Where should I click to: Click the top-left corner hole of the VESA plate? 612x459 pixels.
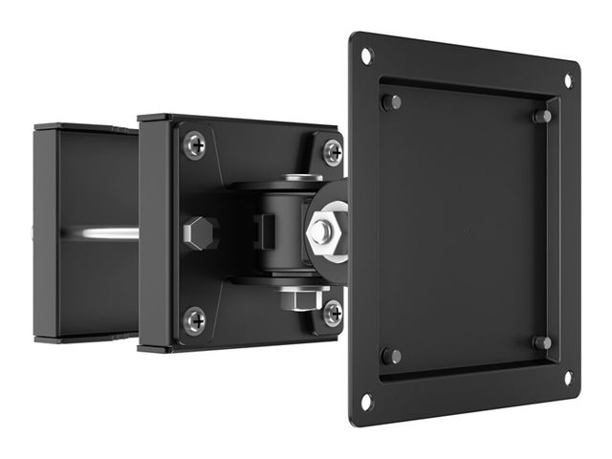pyautogui.click(x=366, y=55)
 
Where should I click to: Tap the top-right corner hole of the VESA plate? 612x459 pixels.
pyautogui.click(x=567, y=81)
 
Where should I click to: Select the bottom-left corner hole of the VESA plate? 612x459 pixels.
pyautogui.click(x=365, y=401)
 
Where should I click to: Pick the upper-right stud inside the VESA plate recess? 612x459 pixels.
pyautogui.click(x=542, y=117)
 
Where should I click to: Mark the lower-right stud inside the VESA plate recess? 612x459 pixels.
pyautogui.click(x=542, y=342)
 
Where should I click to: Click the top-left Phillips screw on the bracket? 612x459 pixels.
pyautogui.click(x=194, y=144)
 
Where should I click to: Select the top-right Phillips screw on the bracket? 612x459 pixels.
pyautogui.click(x=332, y=151)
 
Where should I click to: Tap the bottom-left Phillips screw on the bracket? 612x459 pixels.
pyautogui.click(x=194, y=319)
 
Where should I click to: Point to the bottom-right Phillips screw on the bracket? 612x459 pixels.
pyautogui.click(x=332, y=312)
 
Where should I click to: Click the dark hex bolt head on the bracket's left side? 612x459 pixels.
pyautogui.click(x=200, y=232)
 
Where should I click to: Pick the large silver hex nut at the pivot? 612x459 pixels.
pyautogui.click(x=322, y=230)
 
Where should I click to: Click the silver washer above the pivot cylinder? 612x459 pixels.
pyautogui.click(x=302, y=179)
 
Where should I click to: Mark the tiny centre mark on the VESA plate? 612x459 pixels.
pyautogui.click(x=466, y=229)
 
